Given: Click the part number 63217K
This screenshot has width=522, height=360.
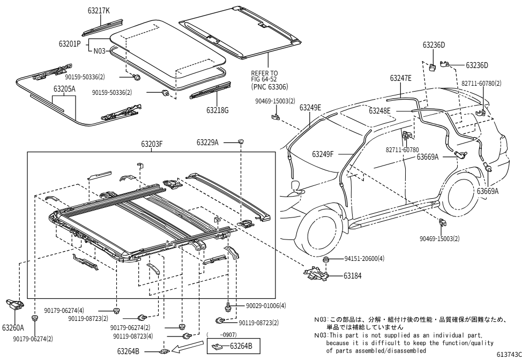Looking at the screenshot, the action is click(99, 11).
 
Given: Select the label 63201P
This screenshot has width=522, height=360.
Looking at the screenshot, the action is click(70, 43).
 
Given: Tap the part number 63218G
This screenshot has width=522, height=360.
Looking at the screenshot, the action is click(218, 110).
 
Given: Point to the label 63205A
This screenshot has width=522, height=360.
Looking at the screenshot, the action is click(65, 89).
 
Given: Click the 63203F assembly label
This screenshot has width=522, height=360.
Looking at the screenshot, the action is click(152, 144).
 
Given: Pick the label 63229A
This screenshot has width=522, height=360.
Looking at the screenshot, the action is click(207, 142).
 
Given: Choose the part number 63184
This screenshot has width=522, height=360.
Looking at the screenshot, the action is click(353, 276).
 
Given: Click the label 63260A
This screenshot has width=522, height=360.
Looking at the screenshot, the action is click(13, 328).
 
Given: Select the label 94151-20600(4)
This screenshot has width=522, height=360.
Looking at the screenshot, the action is click(364, 259).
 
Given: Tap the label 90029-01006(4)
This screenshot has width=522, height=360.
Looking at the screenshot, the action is click(266, 305).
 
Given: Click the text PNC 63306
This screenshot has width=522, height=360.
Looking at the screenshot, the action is click(270, 87).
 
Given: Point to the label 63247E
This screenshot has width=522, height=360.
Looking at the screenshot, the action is click(401, 78).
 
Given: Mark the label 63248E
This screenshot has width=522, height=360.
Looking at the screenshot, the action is click(379, 110).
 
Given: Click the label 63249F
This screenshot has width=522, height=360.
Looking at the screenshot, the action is click(323, 154).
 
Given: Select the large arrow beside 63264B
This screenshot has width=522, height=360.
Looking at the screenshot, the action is click(189, 347).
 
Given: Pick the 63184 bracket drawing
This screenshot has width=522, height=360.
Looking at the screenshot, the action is click(316, 273).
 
